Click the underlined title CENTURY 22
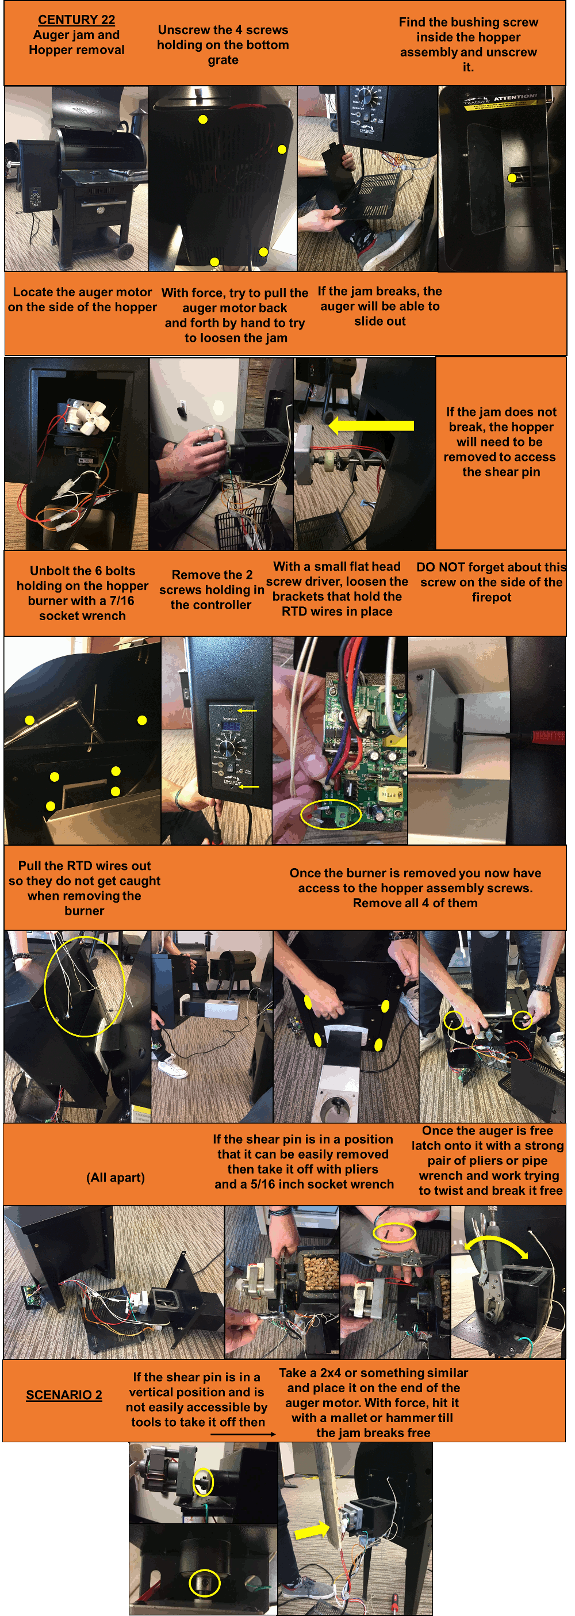(76, 20)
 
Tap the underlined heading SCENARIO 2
(64, 1395)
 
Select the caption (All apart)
(116, 1178)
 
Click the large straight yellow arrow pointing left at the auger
(372, 426)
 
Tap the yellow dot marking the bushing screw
(512, 178)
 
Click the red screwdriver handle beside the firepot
(549, 736)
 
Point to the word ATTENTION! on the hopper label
(515, 98)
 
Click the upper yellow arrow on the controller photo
(247, 710)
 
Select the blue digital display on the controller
(231, 726)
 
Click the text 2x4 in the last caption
(334, 1373)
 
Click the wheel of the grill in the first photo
(124, 250)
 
